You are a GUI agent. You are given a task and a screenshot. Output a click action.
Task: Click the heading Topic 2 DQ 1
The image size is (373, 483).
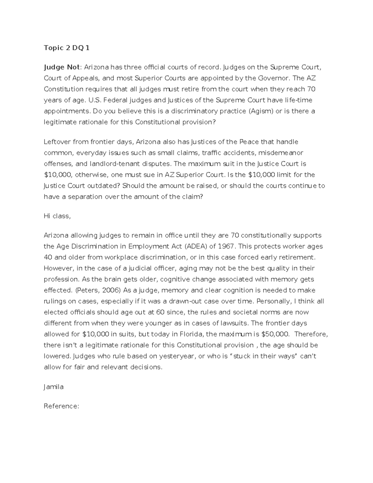tap(67, 48)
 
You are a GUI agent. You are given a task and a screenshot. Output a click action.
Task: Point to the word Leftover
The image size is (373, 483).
tap(57, 142)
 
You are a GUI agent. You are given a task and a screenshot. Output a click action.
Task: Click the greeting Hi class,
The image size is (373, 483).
tap(57, 216)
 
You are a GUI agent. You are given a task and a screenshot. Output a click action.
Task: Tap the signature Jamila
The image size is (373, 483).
tap(53, 387)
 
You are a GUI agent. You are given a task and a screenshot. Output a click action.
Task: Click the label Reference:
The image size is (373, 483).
tap(62, 406)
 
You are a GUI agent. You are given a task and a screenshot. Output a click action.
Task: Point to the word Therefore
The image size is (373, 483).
tap(311, 334)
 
